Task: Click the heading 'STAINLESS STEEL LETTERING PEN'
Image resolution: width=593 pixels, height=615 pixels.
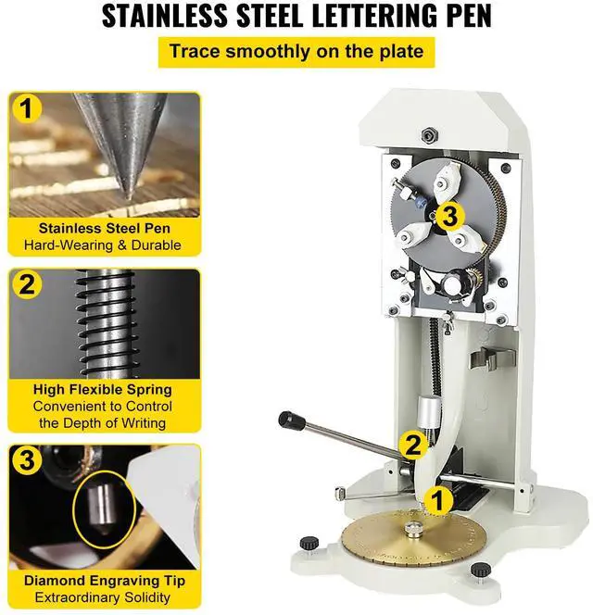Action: point(296,17)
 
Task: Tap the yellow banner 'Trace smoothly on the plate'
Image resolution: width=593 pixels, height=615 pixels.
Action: point(296,52)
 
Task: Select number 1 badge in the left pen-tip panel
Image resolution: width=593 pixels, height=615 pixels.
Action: point(29,110)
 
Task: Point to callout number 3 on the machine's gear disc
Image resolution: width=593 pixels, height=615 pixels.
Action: point(449,217)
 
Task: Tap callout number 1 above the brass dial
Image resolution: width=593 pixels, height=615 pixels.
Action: point(441,501)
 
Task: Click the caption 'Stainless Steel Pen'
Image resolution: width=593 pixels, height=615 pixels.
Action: point(103,228)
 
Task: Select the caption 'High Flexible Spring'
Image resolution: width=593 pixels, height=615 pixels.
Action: point(103,390)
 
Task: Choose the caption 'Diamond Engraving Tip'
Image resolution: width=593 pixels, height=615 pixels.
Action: point(103,581)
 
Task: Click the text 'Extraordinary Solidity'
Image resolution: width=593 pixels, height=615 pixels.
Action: point(103,597)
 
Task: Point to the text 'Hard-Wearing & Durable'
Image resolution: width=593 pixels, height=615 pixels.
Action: point(103,245)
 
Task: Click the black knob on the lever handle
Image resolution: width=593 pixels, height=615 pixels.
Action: point(292,420)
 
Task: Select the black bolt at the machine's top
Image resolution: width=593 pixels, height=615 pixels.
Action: point(428,136)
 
